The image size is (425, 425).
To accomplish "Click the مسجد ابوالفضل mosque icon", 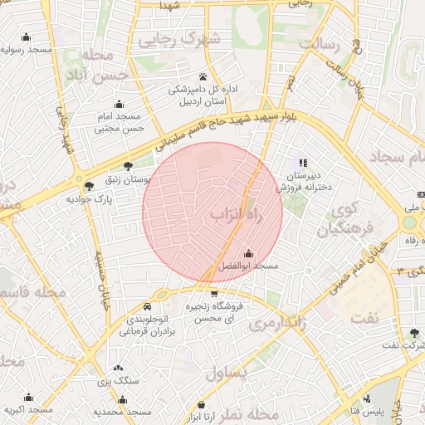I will pyautogui.click(x=248, y=253).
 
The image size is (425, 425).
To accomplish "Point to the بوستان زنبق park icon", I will pyautogui.click(x=126, y=166).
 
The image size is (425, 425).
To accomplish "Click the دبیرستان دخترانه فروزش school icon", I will pyautogui.click(x=303, y=163).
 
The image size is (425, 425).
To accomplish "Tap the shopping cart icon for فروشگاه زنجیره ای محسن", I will pyautogui.click(x=215, y=292).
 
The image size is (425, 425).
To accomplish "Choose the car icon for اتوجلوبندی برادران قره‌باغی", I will pyautogui.click(x=147, y=305).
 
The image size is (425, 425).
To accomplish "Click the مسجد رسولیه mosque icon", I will pyautogui.click(x=27, y=37).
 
